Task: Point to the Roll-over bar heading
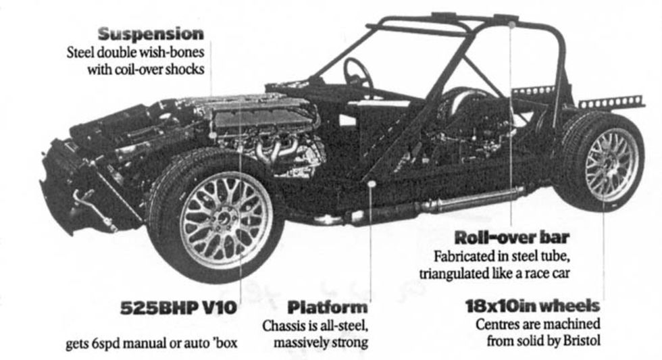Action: tap(511, 238)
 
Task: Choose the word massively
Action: tap(301, 342)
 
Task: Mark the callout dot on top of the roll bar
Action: tap(511, 24)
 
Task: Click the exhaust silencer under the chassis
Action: tap(472, 200)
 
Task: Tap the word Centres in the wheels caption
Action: tap(498, 324)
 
